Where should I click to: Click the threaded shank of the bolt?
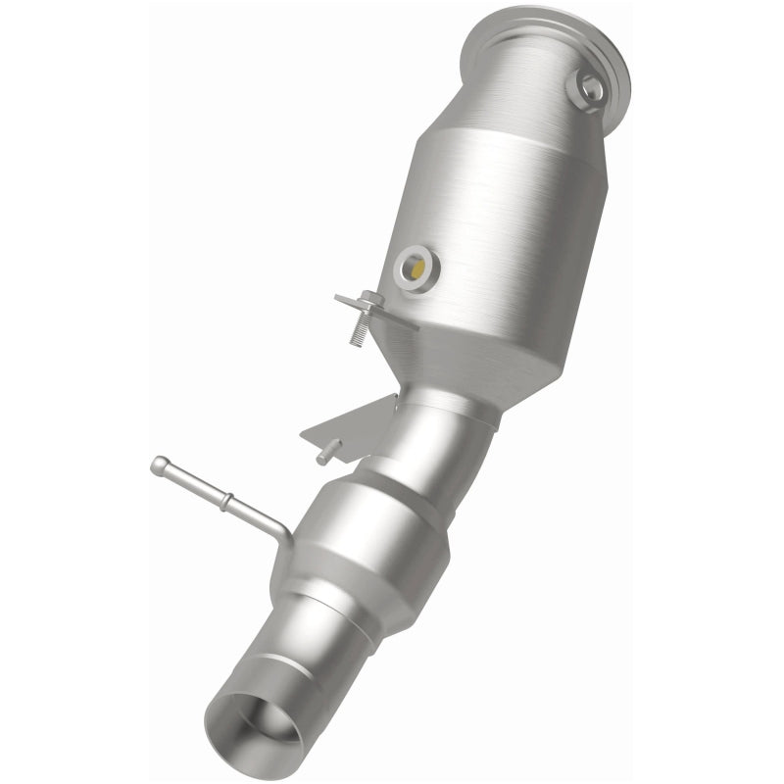[360, 328]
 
